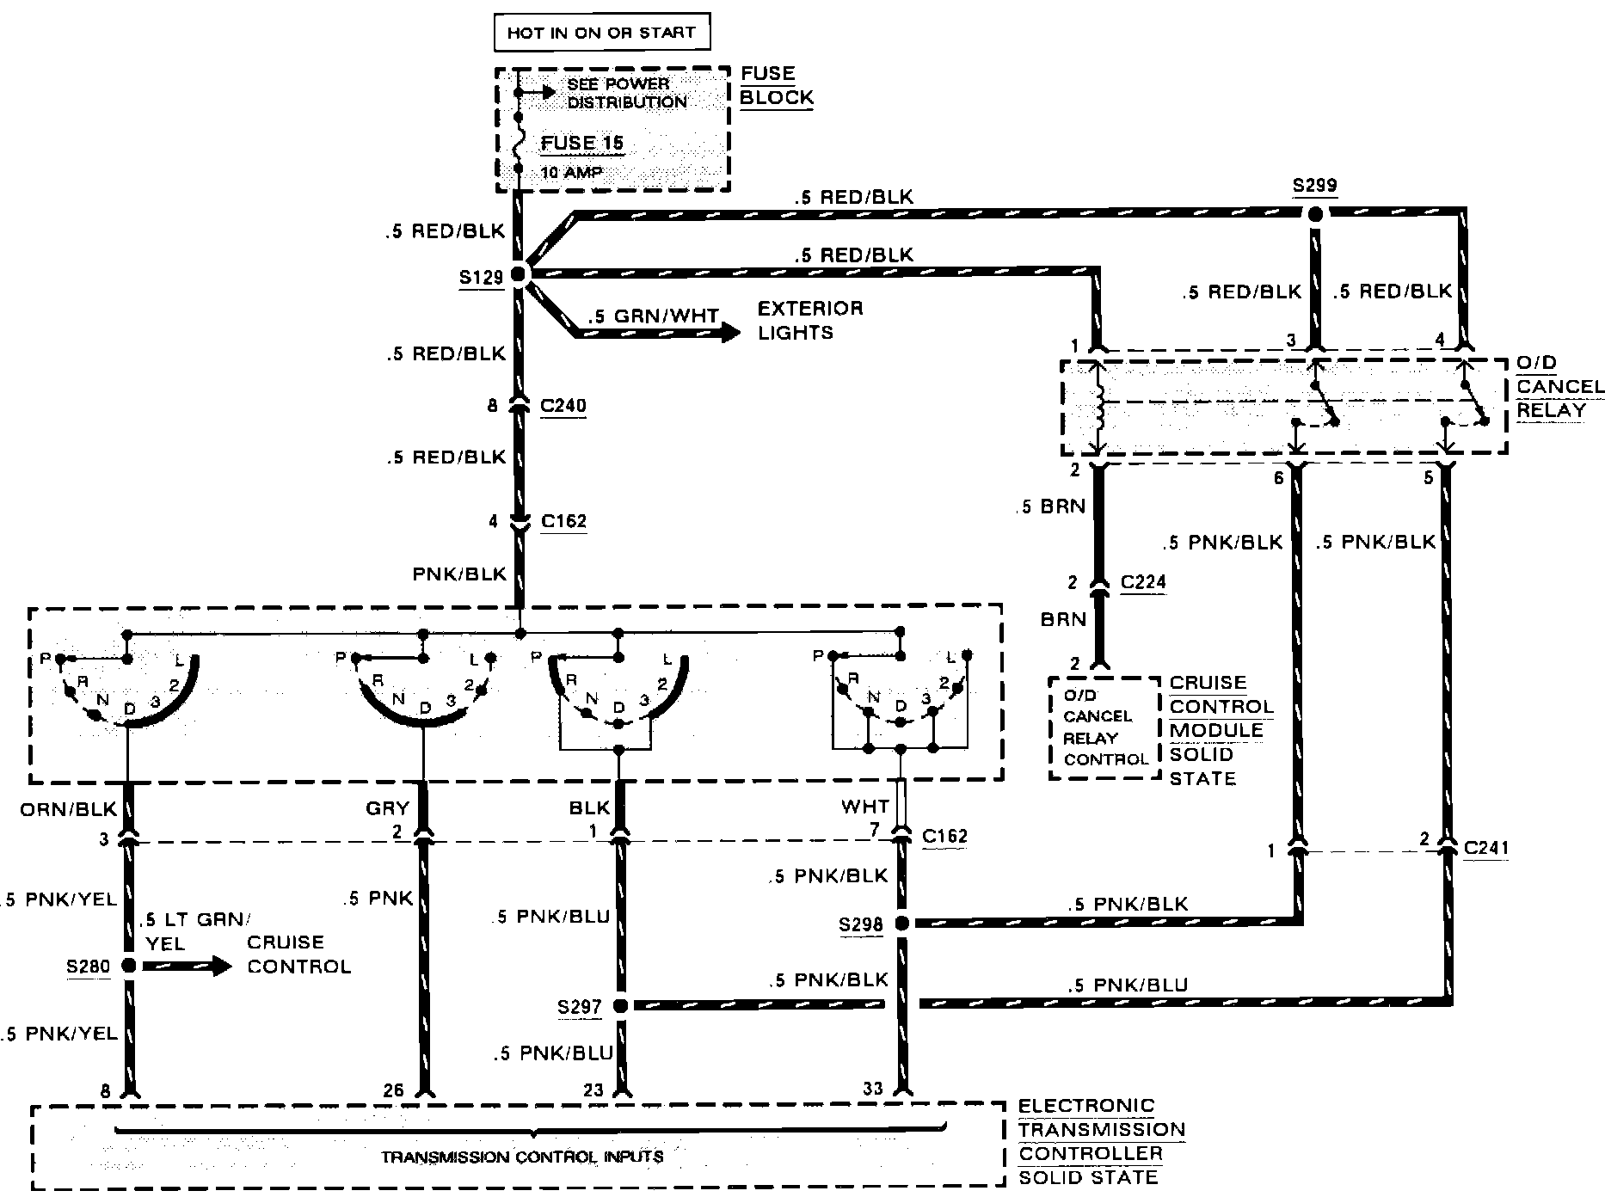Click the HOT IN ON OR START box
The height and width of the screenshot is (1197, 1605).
click(601, 34)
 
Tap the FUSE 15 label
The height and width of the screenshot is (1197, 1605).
click(582, 143)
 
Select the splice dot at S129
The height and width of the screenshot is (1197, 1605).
click(518, 274)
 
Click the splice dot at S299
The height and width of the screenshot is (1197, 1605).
click(1314, 214)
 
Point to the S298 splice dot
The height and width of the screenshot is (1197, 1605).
click(901, 924)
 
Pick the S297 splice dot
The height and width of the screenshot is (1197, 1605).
click(619, 1005)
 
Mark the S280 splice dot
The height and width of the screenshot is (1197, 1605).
click(128, 966)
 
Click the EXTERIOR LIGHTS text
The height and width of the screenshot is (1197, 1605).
click(809, 320)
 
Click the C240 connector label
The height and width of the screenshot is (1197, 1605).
click(563, 405)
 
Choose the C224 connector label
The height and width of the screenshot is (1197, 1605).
click(1143, 582)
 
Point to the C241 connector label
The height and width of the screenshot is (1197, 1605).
click(1485, 849)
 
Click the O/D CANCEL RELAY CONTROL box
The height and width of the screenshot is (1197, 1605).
click(1105, 727)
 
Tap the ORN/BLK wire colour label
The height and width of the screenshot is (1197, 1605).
click(68, 809)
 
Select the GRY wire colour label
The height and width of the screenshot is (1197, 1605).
click(387, 808)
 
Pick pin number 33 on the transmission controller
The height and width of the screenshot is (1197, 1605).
click(872, 1089)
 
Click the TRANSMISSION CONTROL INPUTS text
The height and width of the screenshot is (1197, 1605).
click(522, 1157)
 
